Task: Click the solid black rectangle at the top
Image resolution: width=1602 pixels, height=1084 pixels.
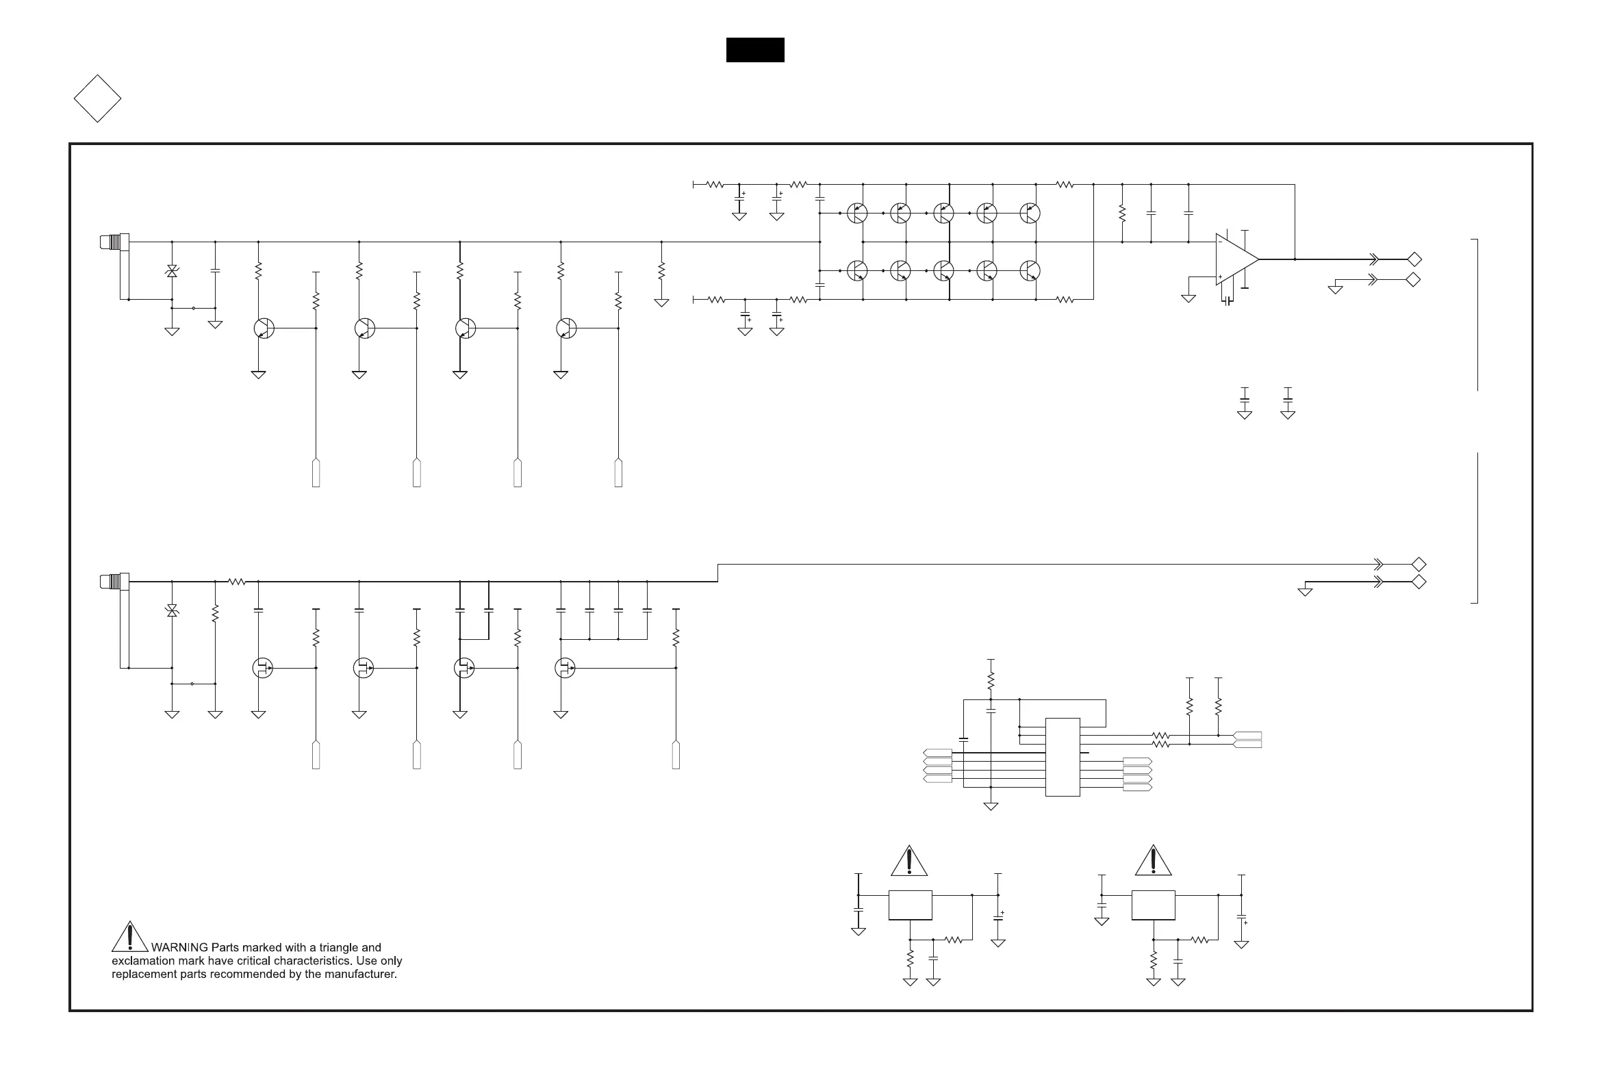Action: [755, 50]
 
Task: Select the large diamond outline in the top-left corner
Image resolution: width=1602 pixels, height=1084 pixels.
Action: [97, 99]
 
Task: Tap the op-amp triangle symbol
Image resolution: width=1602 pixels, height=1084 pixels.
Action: [1235, 259]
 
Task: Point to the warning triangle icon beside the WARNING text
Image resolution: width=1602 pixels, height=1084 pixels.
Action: [129, 937]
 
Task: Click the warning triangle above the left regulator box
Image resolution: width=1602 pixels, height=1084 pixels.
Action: [909, 862]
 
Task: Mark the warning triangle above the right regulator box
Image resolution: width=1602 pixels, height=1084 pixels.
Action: [1154, 862]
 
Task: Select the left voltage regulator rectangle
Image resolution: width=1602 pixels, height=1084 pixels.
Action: [910, 905]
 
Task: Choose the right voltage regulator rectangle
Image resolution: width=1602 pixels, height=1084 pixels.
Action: [1154, 905]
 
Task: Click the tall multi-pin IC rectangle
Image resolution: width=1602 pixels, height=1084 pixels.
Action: [1063, 758]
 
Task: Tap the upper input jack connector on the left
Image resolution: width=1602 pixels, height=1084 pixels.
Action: [114, 242]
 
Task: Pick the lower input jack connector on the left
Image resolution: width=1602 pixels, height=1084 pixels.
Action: [114, 582]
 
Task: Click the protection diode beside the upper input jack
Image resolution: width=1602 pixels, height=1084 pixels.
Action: [172, 272]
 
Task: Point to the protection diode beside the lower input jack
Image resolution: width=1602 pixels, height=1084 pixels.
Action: [172, 610]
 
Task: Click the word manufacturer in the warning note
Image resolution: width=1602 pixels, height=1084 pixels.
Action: [361, 975]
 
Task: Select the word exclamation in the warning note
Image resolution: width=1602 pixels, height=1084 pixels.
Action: [142, 962]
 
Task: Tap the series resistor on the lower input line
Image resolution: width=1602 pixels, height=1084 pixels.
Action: [237, 582]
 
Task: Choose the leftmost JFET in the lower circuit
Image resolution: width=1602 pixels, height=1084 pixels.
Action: [262, 668]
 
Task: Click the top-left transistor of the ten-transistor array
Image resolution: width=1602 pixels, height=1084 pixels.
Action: [857, 213]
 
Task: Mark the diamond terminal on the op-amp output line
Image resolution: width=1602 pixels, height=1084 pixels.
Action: [1414, 260]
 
